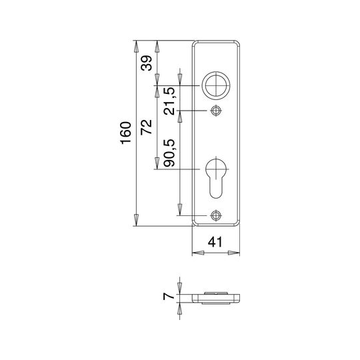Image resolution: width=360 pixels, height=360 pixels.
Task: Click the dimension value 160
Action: (x=126, y=133)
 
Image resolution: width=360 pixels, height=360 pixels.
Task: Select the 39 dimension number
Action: (x=147, y=63)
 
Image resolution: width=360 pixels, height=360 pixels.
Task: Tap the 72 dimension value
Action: (x=147, y=127)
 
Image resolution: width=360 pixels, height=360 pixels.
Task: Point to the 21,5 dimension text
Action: (x=170, y=101)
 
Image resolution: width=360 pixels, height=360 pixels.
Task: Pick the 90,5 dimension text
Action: (x=170, y=153)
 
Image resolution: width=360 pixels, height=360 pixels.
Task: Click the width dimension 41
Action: (x=215, y=242)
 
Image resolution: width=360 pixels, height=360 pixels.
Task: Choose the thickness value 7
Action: (x=169, y=296)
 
